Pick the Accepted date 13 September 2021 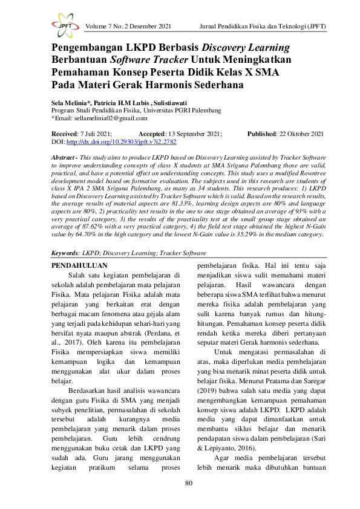pyautogui.click(x=195, y=134)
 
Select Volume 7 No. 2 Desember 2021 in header pyautogui.click(x=129, y=27)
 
